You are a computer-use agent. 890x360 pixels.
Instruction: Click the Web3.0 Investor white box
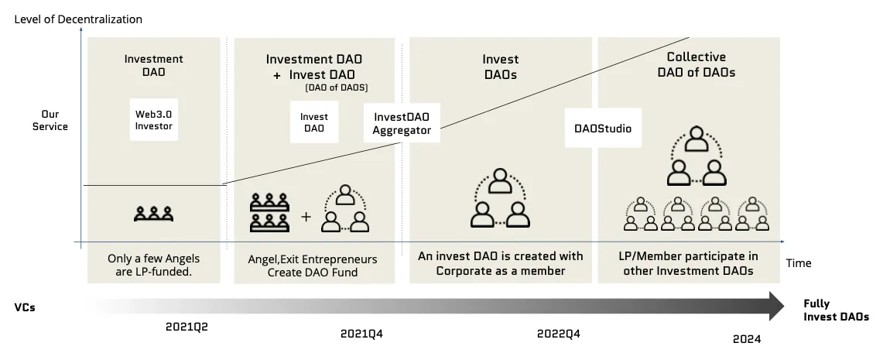click(x=153, y=119)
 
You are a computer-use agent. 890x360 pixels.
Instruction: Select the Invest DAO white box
click(x=314, y=122)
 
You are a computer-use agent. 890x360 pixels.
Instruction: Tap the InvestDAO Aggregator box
click(x=402, y=123)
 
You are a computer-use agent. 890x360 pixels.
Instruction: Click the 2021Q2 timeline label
click(x=187, y=326)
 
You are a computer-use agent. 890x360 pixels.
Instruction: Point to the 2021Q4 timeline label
click(x=361, y=334)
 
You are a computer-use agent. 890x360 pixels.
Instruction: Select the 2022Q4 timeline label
click(x=558, y=334)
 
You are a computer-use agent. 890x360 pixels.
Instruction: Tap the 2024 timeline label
click(x=747, y=339)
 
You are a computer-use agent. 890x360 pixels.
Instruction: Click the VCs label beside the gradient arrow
click(x=25, y=307)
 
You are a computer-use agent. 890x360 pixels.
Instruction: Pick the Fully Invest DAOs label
click(x=835, y=310)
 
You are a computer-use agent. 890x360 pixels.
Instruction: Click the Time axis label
click(x=799, y=263)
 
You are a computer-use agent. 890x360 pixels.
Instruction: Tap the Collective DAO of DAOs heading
click(x=696, y=64)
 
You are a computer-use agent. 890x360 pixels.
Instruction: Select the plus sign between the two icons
click(x=305, y=217)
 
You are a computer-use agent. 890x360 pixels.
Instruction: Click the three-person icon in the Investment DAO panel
click(x=152, y=214)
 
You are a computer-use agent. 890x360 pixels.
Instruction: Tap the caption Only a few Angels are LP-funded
click(x=153, y=265)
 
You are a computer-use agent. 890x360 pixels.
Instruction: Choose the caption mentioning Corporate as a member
click(x=500, y=262)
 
